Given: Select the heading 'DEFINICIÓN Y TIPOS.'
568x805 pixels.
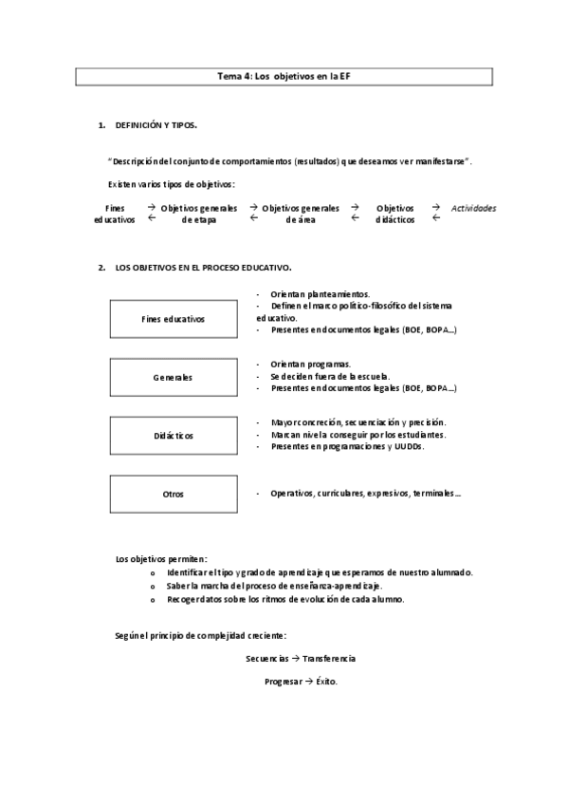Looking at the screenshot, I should [x=156, y=124].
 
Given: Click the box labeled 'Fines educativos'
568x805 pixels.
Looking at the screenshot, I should [x=172, y=319].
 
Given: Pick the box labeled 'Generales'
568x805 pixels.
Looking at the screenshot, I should [x=172, y=378].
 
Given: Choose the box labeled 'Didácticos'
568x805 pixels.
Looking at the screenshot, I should [x=172, y=435].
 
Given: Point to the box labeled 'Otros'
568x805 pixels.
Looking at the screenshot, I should [x=172, y=494].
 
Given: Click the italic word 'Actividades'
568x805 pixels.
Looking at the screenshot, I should [x=473, y=208].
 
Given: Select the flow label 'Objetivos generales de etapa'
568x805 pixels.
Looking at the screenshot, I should [x=199, y=214].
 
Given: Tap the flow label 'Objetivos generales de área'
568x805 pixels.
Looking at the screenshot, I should [x=300, y=214].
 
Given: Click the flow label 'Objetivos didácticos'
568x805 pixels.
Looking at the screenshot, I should [x=394, y=214].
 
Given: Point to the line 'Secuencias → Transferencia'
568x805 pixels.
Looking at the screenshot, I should [x=300, y=657].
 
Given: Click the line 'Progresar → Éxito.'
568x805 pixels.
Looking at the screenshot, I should [x=300, y=682].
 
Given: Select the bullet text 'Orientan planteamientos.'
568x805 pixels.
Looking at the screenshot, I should [x=320, y=294].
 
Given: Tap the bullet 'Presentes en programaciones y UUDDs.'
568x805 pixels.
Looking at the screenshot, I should [x=347, y=446].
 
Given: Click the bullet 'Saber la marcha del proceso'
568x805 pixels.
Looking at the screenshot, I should [x=274, y=587].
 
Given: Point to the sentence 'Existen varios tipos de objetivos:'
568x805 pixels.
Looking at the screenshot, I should [x=173, y=183].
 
